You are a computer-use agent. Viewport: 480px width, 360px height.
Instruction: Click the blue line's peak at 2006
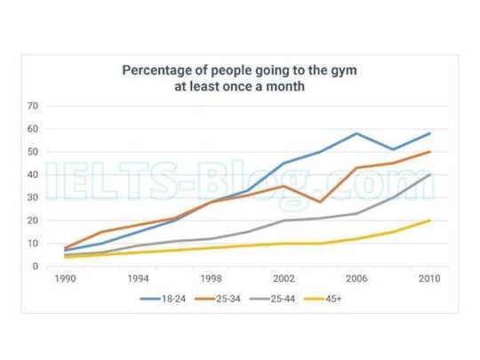(x=356, y=133)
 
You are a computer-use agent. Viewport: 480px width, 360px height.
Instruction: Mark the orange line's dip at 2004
(x=320, y=202)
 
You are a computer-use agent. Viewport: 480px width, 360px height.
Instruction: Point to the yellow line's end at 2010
(x=429, y=220)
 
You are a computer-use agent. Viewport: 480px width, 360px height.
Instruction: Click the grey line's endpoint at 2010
(x=429, y=174)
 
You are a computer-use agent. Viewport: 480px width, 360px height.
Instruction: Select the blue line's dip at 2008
(x=393, y=149)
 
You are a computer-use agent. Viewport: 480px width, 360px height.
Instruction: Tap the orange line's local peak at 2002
(x=284, y=186)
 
